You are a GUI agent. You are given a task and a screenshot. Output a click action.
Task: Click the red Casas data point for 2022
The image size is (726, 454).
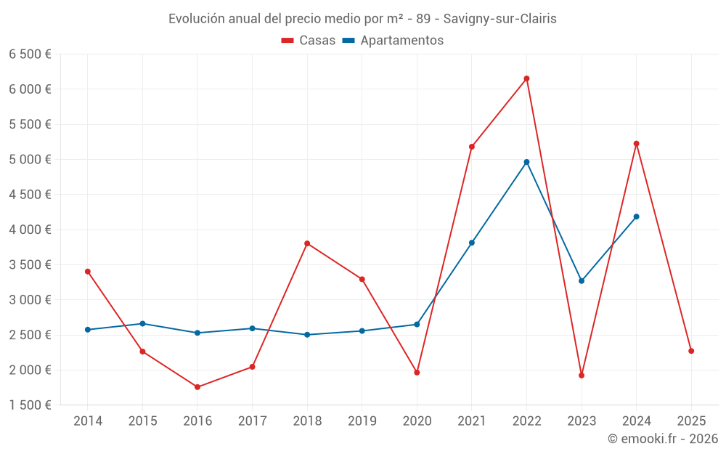click(526, 78)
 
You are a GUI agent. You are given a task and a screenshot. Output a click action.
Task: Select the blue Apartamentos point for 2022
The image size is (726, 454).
click(526, 162)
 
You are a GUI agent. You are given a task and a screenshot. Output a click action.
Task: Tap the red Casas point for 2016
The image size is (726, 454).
click(197, 387)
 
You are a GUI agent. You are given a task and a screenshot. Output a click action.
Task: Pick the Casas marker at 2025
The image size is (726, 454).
click(691, 351)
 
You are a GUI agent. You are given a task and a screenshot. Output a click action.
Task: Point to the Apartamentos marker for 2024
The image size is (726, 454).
click(636, 216)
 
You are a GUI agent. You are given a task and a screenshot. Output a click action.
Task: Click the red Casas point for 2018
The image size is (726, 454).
click(307, 243)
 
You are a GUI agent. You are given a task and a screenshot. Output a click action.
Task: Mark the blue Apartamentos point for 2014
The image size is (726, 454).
click(88, 330)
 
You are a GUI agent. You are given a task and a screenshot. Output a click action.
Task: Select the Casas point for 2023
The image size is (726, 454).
click(582, 376)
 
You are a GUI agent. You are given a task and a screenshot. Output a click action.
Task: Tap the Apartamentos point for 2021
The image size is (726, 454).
click(472, 243)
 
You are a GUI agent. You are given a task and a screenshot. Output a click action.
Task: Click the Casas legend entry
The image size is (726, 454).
click(309, 41)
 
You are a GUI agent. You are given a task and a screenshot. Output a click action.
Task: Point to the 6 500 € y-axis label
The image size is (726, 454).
click(30, 54)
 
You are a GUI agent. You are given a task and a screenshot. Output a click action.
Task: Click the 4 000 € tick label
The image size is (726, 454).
click(30, 230)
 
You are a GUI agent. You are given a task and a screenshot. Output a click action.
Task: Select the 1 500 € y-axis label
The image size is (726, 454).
click(30, 405)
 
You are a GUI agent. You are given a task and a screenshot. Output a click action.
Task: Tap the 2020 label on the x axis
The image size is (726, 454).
click(417, 421)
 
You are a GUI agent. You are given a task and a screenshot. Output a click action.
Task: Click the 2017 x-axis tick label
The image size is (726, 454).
click(252, 421)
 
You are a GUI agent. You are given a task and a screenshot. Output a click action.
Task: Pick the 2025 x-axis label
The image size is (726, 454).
click(691, 421)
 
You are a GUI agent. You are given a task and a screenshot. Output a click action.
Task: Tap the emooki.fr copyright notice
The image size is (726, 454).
click(662, 439)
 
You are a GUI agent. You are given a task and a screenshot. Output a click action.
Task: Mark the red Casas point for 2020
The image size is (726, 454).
click(417, 373)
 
